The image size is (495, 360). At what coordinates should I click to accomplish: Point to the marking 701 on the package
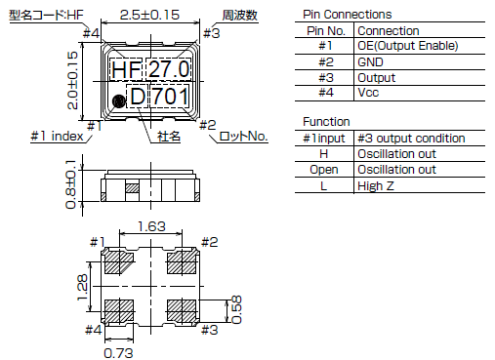click(174, 99)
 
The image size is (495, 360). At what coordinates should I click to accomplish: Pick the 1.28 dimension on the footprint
click(85, 286)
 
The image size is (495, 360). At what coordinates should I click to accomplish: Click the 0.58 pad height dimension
click(237, 310)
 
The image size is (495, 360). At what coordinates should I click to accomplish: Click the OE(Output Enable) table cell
click(408, 46)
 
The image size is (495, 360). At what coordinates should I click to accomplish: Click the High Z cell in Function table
click(375, 184)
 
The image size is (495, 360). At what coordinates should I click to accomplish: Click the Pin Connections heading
click(348, 15)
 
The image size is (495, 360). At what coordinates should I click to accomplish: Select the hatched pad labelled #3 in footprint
click(182, 310)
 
